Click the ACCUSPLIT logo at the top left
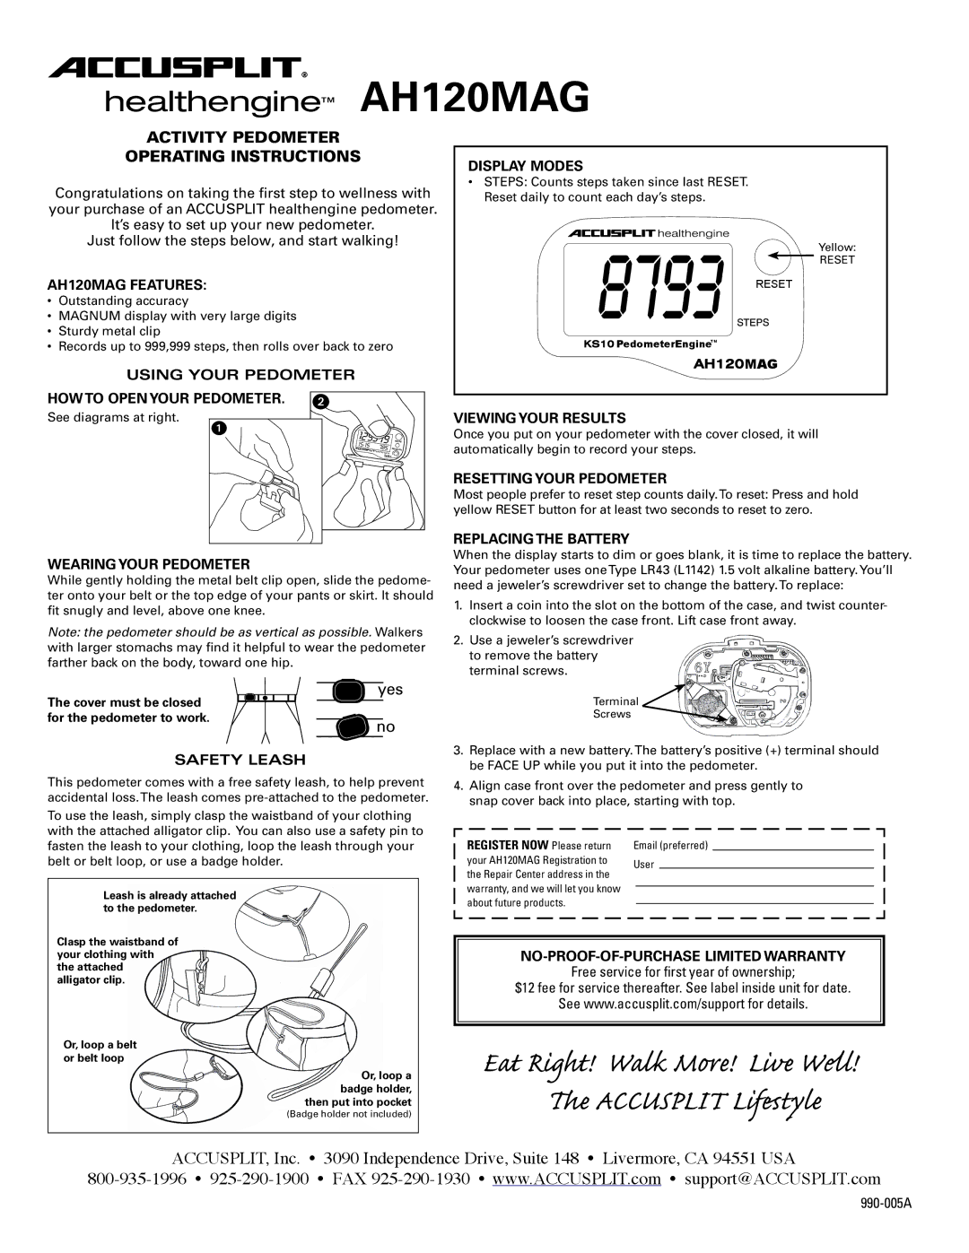(177, 68)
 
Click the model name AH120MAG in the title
(475, 98)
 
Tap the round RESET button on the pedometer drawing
(773, 256)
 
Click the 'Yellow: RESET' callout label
(837, 254)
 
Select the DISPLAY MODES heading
(525, 166)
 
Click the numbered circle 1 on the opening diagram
(219, 429)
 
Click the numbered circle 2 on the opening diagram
(320, 402)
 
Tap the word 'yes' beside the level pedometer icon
(390, 690)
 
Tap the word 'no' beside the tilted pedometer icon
(386, 727)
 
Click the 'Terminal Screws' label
(615, 708)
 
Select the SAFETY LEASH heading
(240, 760)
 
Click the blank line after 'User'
(766, 868)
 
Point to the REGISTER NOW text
(508, 845)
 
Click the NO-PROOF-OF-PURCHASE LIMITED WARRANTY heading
(683, 956)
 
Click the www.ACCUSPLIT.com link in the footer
(576, 1179)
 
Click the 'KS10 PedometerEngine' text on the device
(650, 344)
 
